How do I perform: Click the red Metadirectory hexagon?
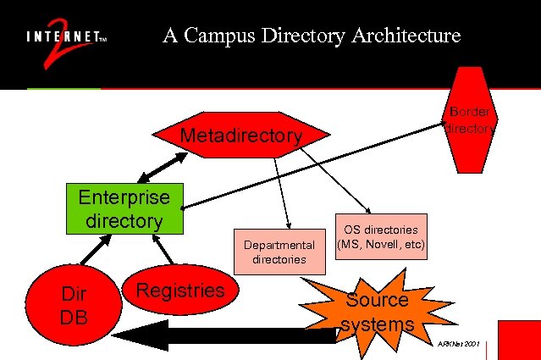pos(241,136)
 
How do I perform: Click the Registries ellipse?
pos(180,292)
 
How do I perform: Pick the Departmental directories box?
pos(279,252)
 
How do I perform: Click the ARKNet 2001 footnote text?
pos(460,344)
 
